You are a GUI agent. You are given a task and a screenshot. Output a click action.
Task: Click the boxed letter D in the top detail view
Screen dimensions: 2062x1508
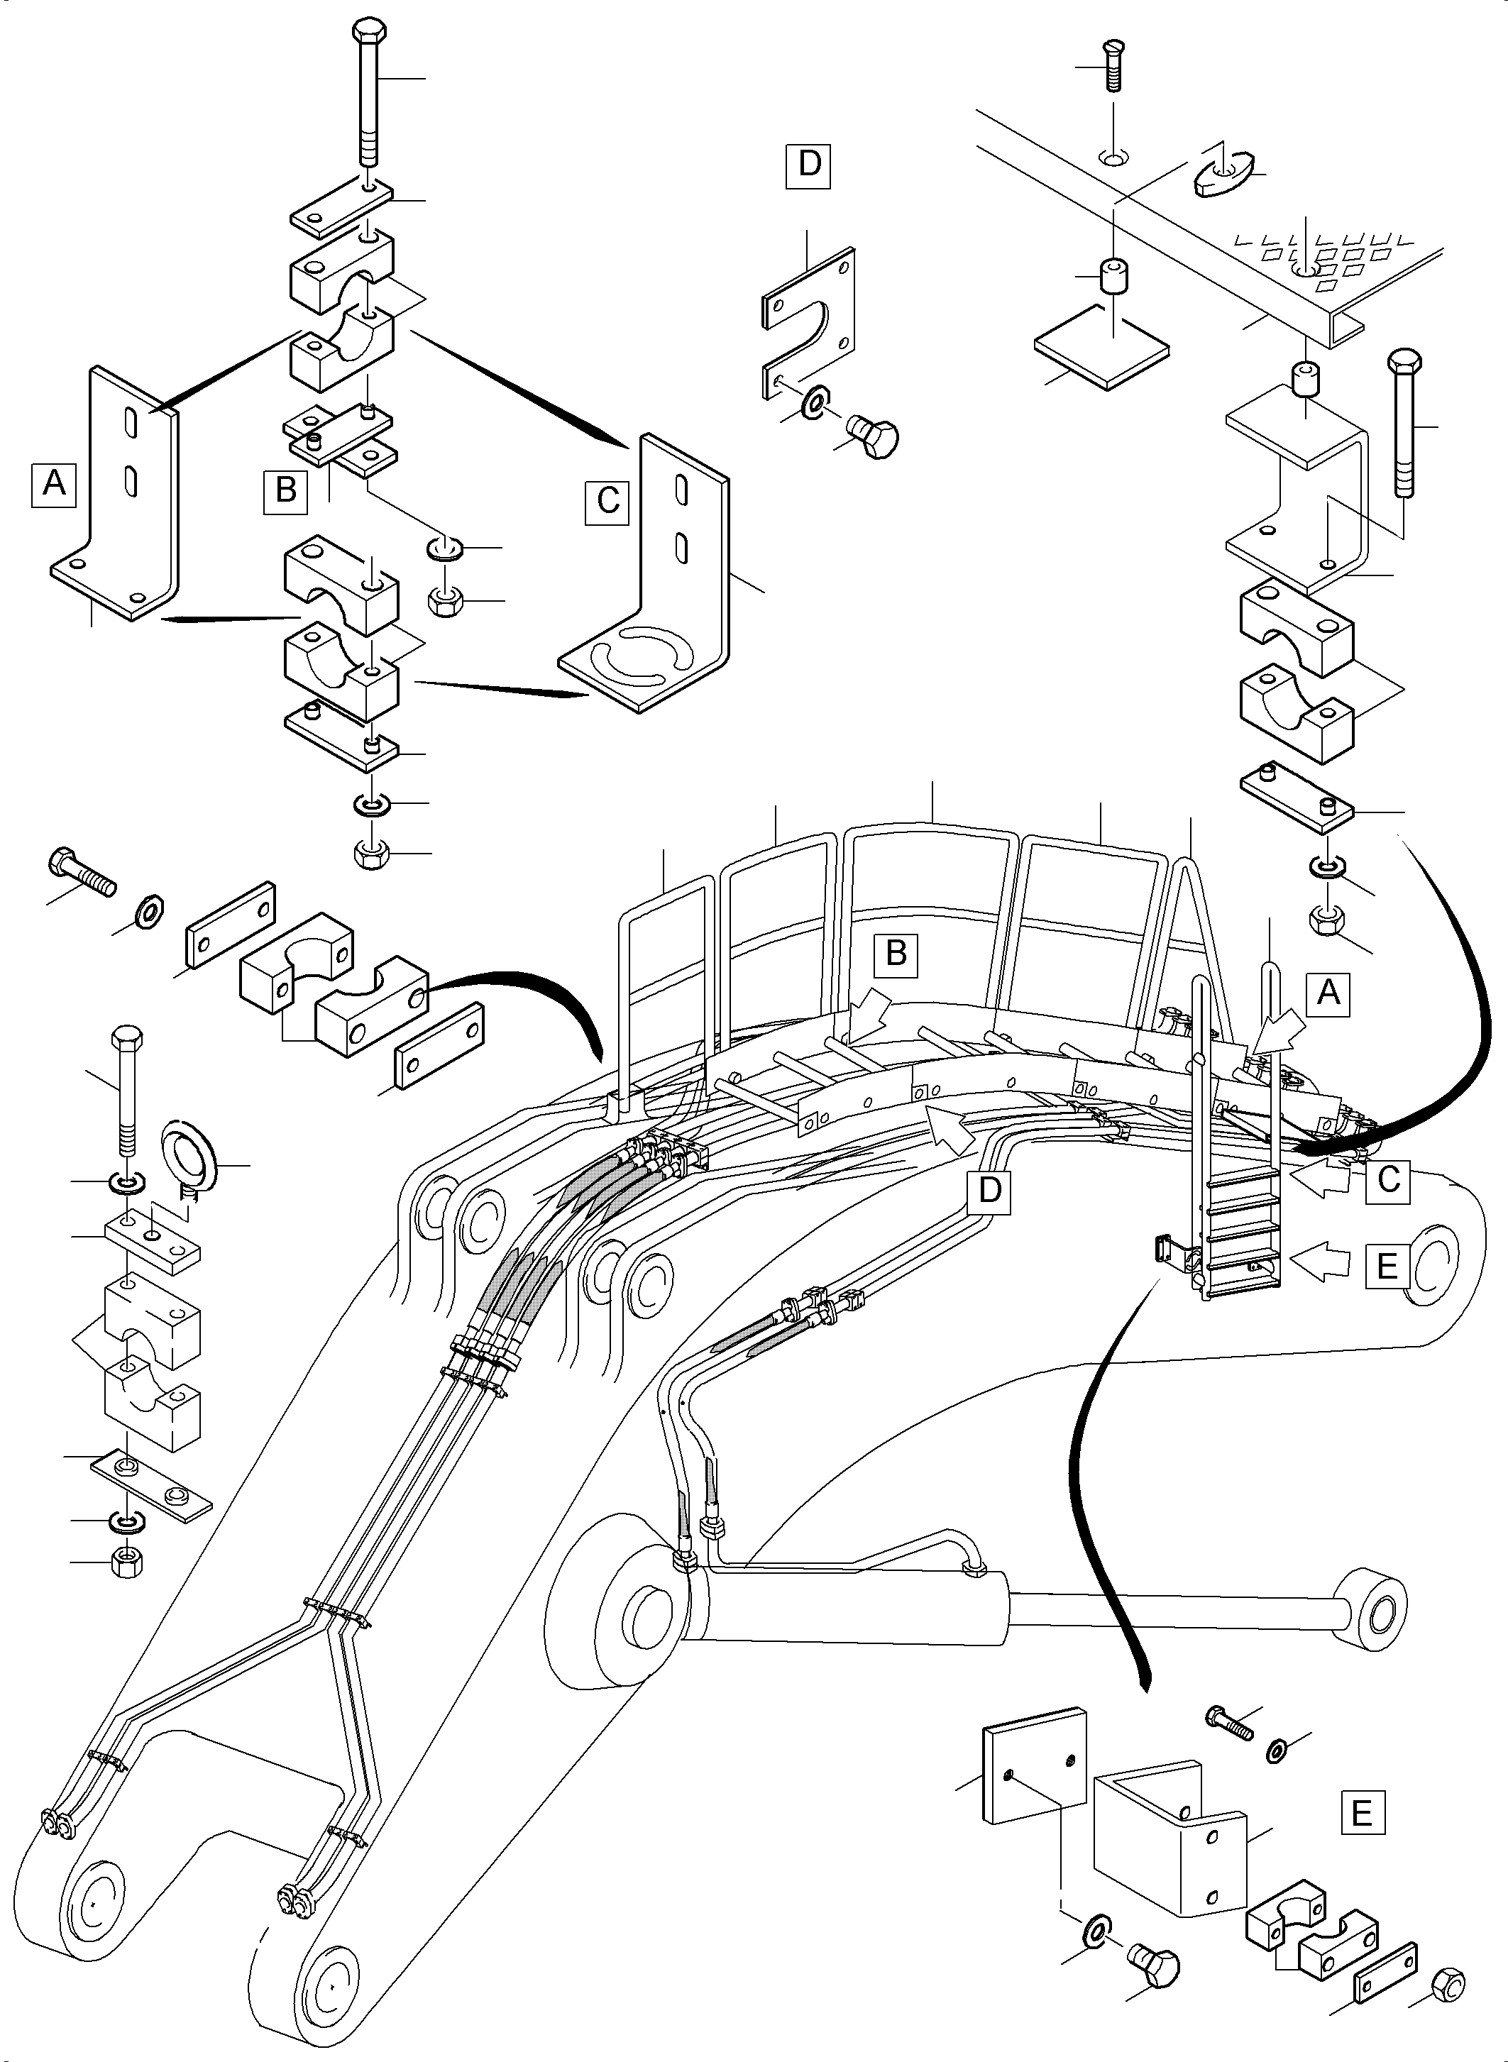[x=809, y=165]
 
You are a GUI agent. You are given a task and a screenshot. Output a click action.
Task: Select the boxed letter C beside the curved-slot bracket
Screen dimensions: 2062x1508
[x=608, y=501]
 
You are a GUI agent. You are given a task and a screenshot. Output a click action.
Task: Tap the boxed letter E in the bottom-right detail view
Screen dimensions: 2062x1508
[x=1361, y=1812]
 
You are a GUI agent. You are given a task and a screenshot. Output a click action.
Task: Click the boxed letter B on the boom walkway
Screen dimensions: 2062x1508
[x=896, y=953]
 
